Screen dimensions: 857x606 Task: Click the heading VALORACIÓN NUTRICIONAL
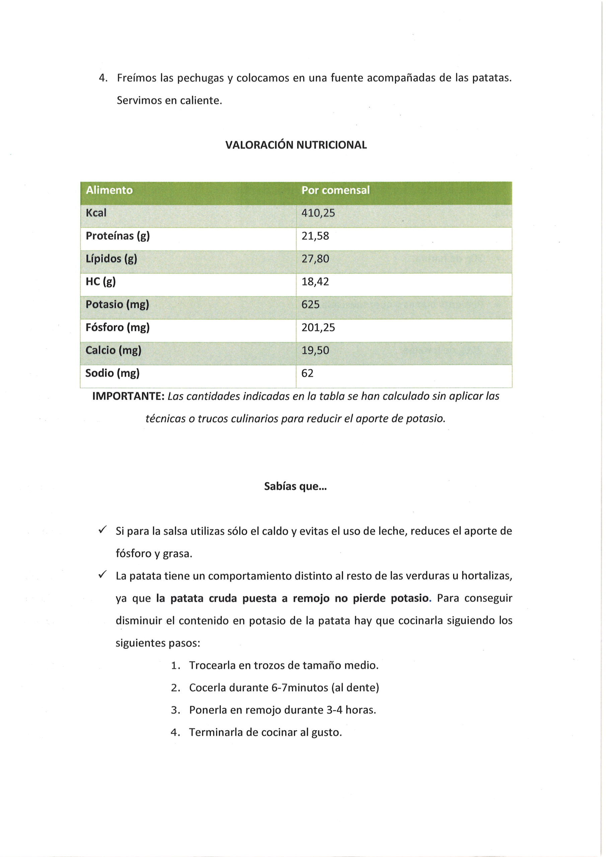(x=296, y=145)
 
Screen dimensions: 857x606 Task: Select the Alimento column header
(x=109, y=190)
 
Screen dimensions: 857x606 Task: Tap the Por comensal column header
(x=335, y=190)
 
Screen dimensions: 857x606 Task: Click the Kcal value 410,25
(x=318, y=213)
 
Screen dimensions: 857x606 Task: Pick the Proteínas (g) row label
(x=118, y=236)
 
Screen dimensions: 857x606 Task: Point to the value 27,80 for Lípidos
(x=315, y=259)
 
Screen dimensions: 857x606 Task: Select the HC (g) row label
(x=100, y=282)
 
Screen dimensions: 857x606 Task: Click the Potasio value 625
(x=310, y=305)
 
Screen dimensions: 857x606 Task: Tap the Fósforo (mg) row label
(x=117, y=328)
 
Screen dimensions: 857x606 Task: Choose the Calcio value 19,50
(x=315, y=350)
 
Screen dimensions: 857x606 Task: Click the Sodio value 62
(x=307, y=373)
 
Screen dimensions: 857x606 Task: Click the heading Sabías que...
(x=295, y=486)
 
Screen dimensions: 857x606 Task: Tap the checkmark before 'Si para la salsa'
(x=102, y=530)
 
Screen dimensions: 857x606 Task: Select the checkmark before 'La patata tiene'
(x=102, y=575)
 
